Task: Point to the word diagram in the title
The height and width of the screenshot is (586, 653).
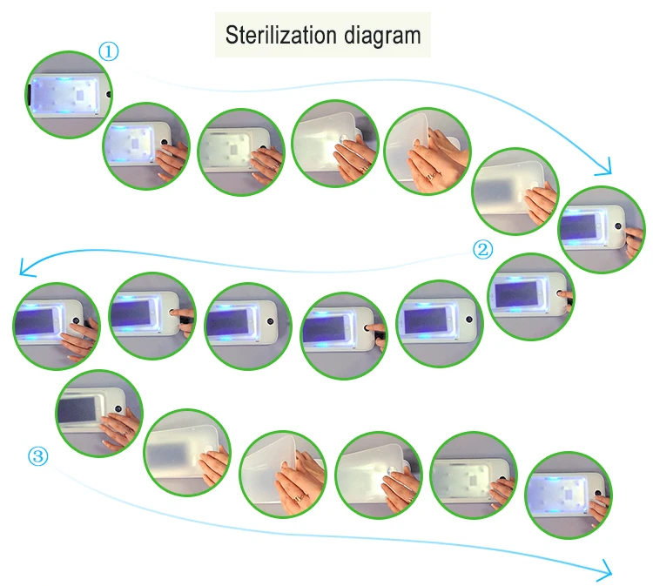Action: pyautogui.click(x=382, y=36)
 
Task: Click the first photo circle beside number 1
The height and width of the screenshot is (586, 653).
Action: pyautogui.click(x=68, y=94)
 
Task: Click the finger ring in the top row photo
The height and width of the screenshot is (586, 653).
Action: pyautogui.click(x=429, y=176)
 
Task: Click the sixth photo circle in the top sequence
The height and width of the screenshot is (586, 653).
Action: pyautogui.click(x=515, y=191)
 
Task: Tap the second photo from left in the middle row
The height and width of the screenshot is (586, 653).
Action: pyautogui.click(x=151, y=315)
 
